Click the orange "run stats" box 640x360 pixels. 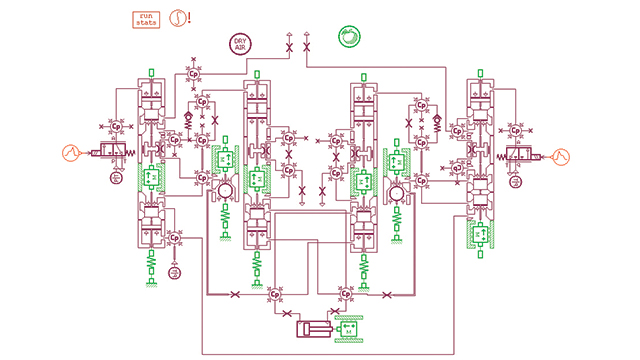pyautogui.click(x=147, y=18)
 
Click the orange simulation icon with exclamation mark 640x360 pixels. pyautogui.click(x=180, y=18)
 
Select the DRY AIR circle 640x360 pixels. pyautogui.click(x=239, y=44)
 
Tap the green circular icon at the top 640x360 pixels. pyautogui.click(x=349, y=36)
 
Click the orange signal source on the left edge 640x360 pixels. pyautogui.click(x=70, y=154)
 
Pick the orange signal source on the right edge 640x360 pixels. pyautogui.click(x=561, y=155)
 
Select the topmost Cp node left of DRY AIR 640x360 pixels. pyautogui.click(x=192, y=73)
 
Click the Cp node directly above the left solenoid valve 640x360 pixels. pyautogui.click(x=116, y=128)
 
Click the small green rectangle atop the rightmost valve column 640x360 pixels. pyautogui.click(x=481, y=73)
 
